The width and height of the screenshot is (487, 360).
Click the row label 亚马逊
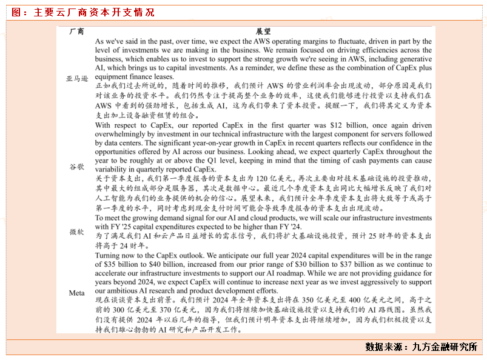tap(77, 78)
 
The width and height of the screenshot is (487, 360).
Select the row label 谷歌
tap(77, 166)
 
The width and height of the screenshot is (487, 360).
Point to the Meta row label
tap(77, 293)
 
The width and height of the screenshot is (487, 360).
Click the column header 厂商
tap(77, 31)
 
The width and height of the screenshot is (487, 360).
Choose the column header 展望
tap(263, 31)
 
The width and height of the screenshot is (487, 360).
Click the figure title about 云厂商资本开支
tap(83, 12)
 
